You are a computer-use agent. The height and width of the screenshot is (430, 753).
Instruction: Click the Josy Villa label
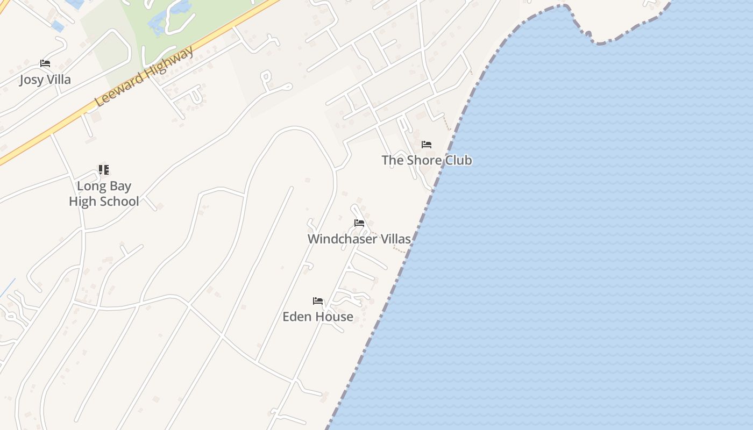tap(45, 80)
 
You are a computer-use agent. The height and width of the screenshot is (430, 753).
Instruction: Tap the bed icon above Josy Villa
tap(45, 63)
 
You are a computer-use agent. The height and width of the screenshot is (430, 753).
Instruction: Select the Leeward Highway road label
tap(144, 77)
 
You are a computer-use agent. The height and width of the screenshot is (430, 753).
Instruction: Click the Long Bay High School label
tap(104, 193)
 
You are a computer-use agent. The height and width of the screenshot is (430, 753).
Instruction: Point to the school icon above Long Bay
tap(104, 170)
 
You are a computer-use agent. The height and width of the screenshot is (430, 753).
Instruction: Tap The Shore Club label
tap(427, 160)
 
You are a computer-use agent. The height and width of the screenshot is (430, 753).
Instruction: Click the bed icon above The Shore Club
tap(427, 145)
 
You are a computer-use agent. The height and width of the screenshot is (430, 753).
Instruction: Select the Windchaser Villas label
tap(359, 239)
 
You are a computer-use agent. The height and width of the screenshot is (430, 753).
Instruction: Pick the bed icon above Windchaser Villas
tap(359, 223)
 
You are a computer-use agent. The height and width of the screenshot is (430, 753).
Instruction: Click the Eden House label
tap(318, 317)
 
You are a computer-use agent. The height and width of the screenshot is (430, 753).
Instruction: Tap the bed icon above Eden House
tap(318, 301)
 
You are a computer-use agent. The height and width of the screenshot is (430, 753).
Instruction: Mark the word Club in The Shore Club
tap(459, 160)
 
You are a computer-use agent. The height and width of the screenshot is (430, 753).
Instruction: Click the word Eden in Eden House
tap(297, 317)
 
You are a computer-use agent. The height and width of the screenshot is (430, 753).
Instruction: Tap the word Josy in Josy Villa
tap(32, 80)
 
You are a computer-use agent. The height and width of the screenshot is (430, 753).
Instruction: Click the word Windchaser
tap(343, 239)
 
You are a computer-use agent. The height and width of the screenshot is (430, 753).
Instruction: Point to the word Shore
tap(425, 160)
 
